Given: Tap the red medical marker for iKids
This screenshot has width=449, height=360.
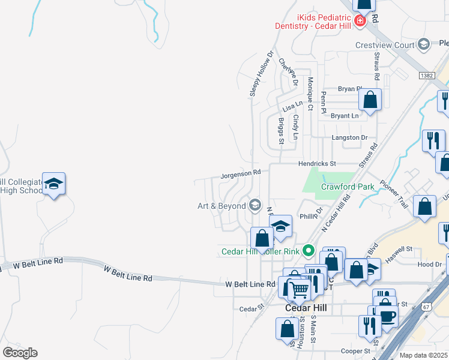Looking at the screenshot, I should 360,22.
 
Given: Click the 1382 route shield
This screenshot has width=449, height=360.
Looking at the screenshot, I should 427,75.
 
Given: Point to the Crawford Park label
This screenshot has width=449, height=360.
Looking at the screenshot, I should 348,187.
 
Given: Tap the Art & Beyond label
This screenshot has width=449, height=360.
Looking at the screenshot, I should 222,206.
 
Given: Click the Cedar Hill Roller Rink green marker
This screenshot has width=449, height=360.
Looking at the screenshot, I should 309,251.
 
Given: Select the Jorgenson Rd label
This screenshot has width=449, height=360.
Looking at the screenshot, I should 241,173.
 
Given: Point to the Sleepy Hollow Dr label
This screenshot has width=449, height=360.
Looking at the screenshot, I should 261,74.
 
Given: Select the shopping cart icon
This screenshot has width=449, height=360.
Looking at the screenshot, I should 300,290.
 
